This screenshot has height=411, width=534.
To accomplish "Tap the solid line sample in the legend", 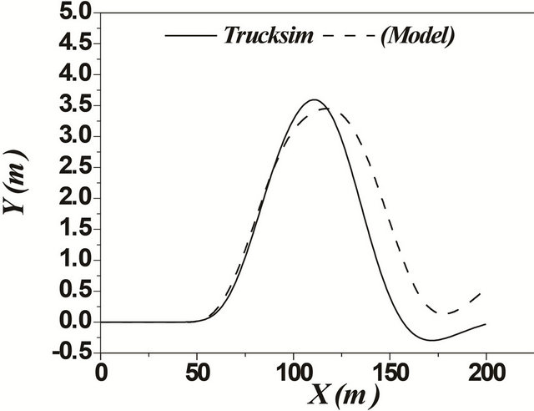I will tap(191, 36).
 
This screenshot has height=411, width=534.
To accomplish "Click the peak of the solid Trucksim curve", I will tap(314, 100).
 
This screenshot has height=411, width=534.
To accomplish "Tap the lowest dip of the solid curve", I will tap(431, 340).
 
